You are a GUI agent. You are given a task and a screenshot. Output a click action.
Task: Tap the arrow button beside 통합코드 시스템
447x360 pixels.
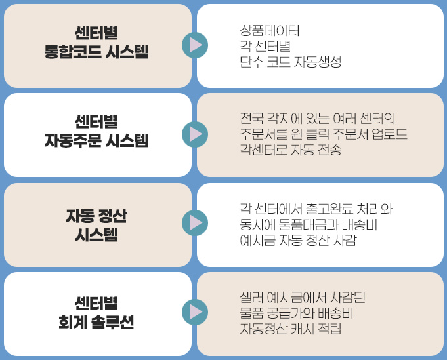click(x=195, y=45)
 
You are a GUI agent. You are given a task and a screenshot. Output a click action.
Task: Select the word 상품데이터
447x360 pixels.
click(x=270, y=30)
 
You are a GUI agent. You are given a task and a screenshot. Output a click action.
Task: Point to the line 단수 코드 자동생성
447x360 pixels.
click(x=291, y=62)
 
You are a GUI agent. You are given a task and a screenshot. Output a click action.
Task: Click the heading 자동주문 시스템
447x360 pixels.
click(x=96, y=140)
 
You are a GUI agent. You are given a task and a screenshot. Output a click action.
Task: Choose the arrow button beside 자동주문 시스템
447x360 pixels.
click(x=195, y=134)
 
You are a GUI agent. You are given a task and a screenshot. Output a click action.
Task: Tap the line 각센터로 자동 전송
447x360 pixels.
click(x=291, y=150)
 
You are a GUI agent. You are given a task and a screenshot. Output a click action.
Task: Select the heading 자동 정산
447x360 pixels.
click(x=96, y=215)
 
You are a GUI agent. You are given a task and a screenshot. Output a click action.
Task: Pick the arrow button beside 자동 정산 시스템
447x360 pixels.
click(x=195, y=223)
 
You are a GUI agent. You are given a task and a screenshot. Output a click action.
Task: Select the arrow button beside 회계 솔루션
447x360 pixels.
click(x=195, y=312)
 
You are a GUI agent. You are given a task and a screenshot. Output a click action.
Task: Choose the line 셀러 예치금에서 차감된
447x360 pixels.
click(x=303, y=298)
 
